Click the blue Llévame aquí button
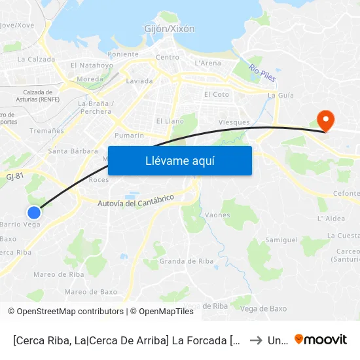(x=179, y=160)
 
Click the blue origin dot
(x=34, y=212)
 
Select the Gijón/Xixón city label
(x=170, y=29)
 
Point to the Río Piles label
(x=262, y=73)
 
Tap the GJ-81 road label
(x=14, y=175)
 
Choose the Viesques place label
(x=234, y=122)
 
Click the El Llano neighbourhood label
(x=170, y=121)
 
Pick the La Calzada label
(x=36, y=59)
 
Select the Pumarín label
(x=129, y=135)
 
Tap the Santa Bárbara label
(x=64, y=151)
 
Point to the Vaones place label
(x=217, y=215)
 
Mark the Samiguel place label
(x=281, y=240)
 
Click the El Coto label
(x=217, y=94)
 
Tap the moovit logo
(x=320, y=339)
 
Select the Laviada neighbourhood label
(x=139, y=81)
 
